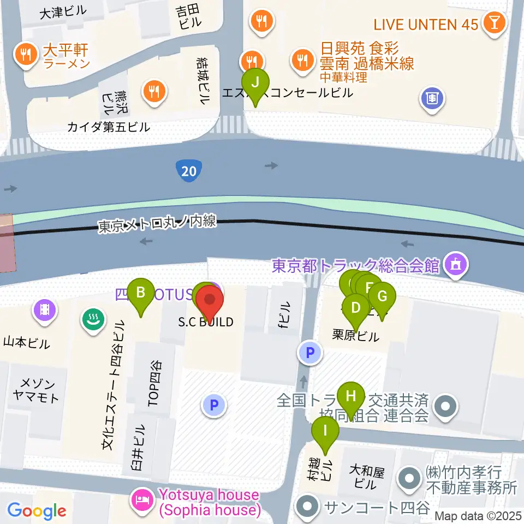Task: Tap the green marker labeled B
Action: pos(141,293)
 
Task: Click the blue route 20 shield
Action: pos(189,171)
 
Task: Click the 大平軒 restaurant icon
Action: pos(26,55)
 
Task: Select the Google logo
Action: pos(37,511)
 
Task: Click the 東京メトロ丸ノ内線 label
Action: pos(158,224)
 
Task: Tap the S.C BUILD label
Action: pos(206,322)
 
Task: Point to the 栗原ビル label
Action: pos(355,336)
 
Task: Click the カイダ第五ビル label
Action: pos(108,127)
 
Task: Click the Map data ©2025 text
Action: pos(478,515)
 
